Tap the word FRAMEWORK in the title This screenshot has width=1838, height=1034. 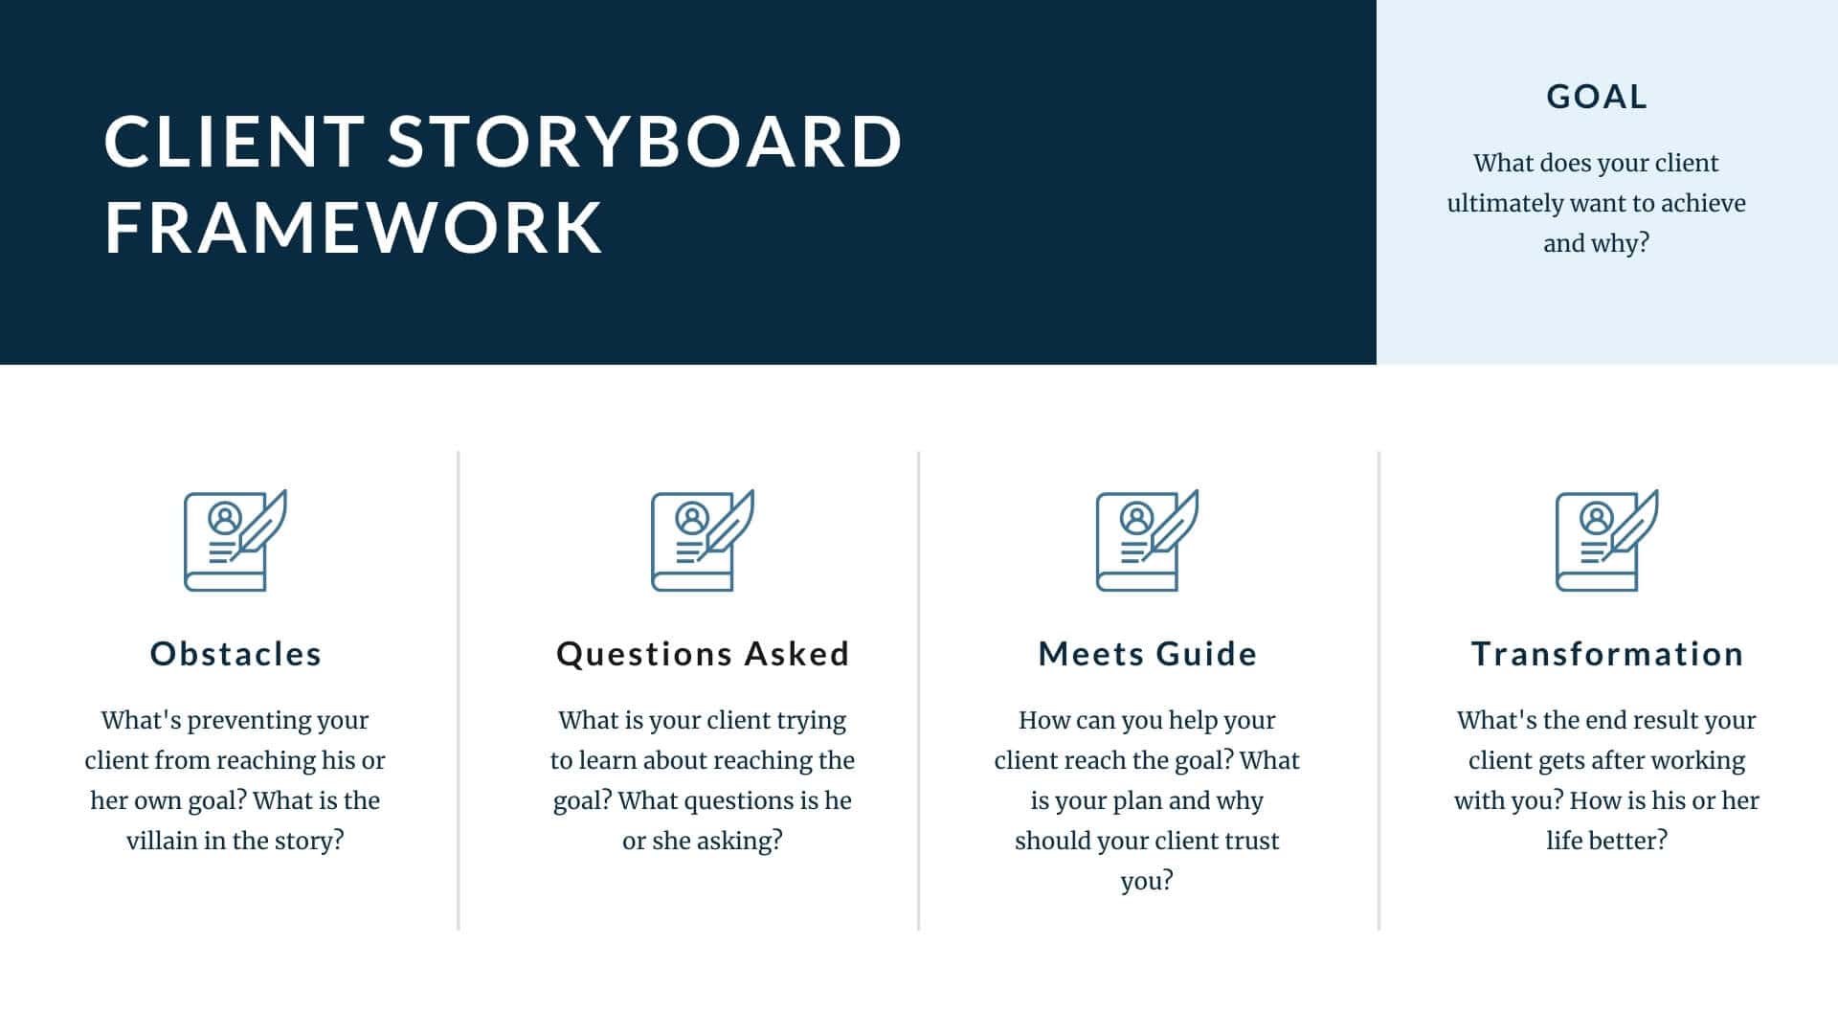point(353,228)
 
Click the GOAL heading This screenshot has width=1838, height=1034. point(1597,97)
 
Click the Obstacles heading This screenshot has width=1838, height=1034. point(235,654)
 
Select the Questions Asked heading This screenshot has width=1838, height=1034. point(703,654)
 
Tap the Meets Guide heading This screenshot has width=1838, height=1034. point(1148,654)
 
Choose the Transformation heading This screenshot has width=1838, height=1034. point(1607,654)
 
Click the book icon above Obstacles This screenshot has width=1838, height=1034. point(235,541)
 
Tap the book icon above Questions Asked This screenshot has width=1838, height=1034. point(702,541)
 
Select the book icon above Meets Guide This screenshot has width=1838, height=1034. point(1147,541)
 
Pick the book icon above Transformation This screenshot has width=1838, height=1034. point(1606,541)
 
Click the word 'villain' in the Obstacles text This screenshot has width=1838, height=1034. point(162,841)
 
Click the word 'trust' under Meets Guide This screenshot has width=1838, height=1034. point(1249,841)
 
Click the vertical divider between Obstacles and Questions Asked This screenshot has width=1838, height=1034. point(459,689)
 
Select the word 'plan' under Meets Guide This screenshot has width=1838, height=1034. point(1140,800)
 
